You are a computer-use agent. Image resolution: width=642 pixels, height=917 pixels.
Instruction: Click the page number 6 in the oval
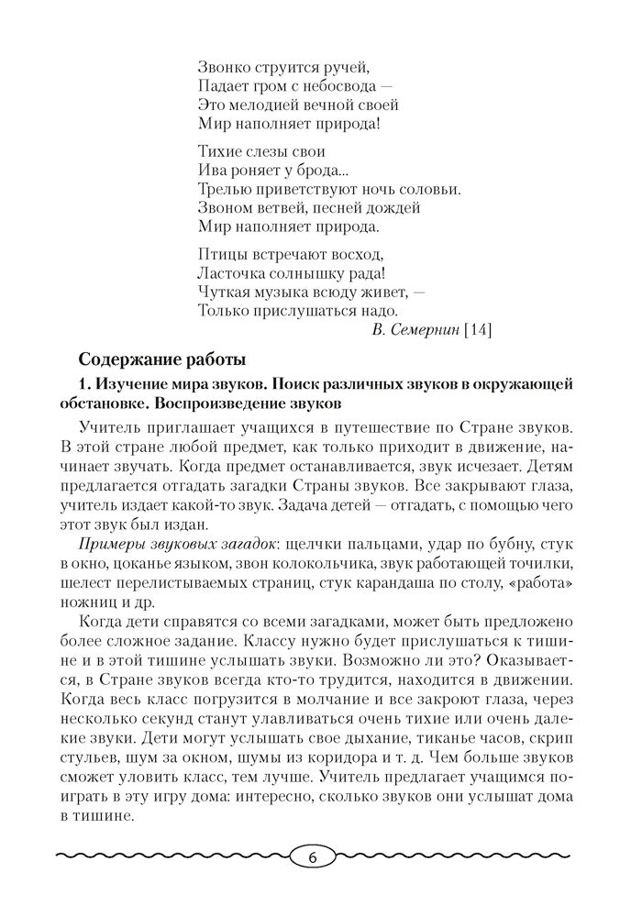312,858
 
